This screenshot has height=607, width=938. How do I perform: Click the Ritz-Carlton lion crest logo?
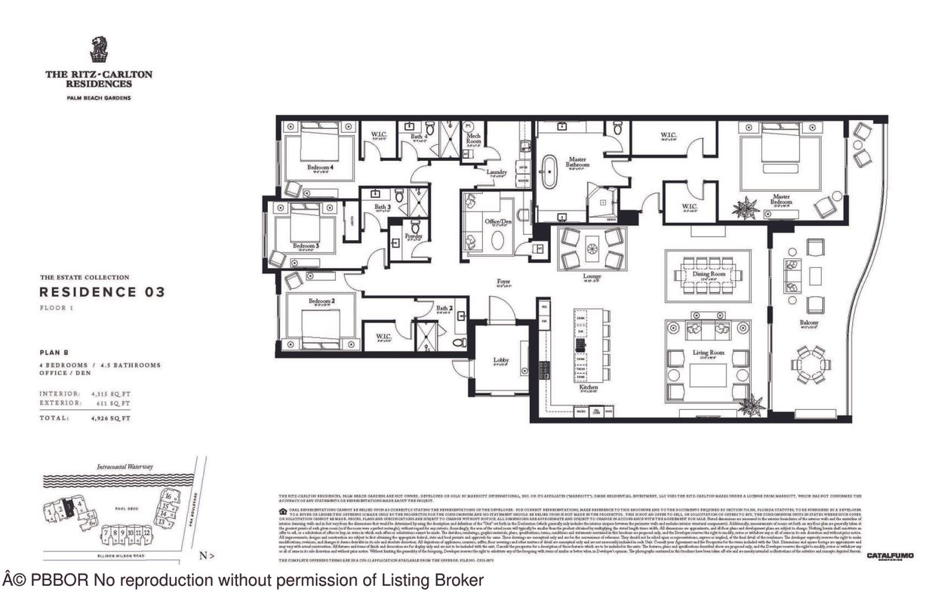click(x=98, y=50)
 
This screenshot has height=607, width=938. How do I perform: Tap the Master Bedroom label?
click(x=781, y=200)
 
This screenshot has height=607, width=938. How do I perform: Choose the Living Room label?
click(x=709, y=353)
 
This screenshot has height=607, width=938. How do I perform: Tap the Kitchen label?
click(x=589, y=387)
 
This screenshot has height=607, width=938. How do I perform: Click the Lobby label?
click(x=501, y=360)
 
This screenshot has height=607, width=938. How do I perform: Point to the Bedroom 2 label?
click(x=321, y=301)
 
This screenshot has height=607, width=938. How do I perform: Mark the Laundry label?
click(x=497, y=172)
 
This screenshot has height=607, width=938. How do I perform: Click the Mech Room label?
click(x=473, y=138)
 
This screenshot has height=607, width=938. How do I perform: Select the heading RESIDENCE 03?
click(x=102, y=291)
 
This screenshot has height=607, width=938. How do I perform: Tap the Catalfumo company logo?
click(x=890, y=556)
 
